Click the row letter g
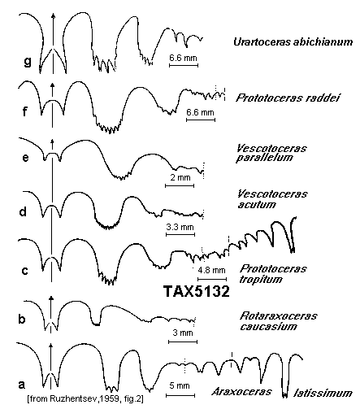point(28,62)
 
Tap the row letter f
point(25,111)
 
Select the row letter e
point(25,158)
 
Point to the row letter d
point(23,211)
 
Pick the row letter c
point(24,271)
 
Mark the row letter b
point(22,319)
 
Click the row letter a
point(22,384)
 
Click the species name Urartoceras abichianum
point(293,42)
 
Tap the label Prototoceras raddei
point(288,98)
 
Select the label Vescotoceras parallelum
point(271,153)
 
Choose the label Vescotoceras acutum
point(272,199)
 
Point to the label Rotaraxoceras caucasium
point(279,321)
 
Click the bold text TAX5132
point(197,292)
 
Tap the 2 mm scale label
point(180,178)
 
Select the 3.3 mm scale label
point(180,227)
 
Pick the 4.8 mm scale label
point(211,270)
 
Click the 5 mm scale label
point(180,385)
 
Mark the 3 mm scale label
point(183,333)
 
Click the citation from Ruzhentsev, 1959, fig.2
point(85,399)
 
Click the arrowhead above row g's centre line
point(53,16)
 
